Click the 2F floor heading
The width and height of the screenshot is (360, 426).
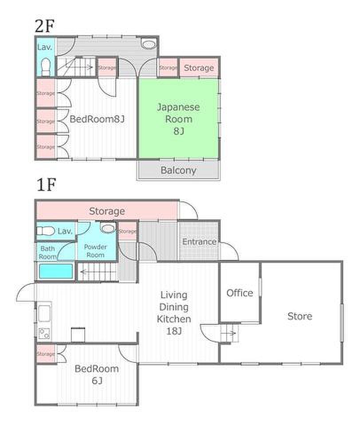[x=45, y=26]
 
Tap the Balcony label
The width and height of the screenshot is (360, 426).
[x=178, y=170]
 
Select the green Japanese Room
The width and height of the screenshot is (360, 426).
[x=179, y=118]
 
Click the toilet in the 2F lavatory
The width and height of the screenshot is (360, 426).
[x=46, y=67]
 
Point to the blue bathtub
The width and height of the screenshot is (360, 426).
[x=56, y=271]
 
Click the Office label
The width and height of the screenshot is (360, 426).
[x=240, y=293]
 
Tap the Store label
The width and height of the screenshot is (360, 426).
[x=300, y=316]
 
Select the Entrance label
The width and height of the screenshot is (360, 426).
[x=199, y=241]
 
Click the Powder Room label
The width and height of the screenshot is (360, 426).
[x=95, y=251]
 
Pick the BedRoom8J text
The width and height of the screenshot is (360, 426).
[x=97, y=119]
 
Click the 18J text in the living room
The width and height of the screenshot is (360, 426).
[x=174, y=331]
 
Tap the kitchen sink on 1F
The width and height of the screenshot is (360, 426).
[x=44, y=313]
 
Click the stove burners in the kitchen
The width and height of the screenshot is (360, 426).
[x=44, y=334]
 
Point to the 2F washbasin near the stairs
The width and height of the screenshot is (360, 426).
[x=149, y=44]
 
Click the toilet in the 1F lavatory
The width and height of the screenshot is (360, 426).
[x=46, y=231]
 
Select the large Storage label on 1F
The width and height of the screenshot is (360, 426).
[x=107, y=211]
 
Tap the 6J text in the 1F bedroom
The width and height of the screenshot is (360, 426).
[x=97, y=381]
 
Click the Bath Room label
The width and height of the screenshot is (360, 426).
[x=48, y=252]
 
